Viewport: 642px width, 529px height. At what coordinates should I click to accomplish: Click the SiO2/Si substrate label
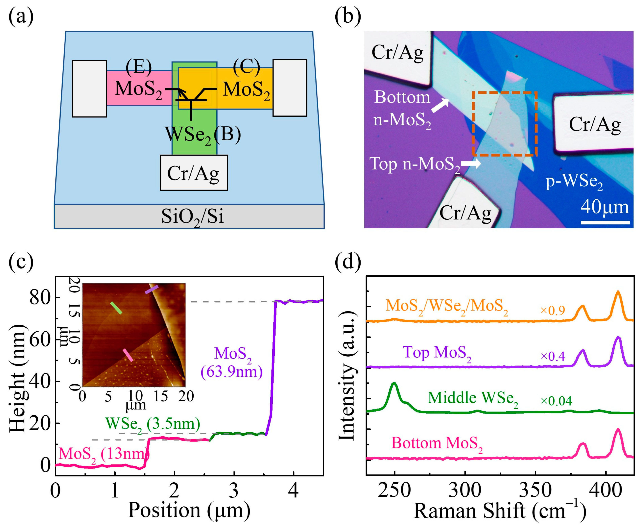[x=192, y=217]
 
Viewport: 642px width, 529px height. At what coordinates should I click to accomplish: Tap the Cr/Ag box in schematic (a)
[x=194, y=173]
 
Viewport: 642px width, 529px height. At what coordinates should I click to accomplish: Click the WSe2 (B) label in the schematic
[x=202, y=134]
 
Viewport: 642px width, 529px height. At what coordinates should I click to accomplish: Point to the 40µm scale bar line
[x=605, y=222]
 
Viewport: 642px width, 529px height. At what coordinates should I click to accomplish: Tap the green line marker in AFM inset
[x=116, y=308]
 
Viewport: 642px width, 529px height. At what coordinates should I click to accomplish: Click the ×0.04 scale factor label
[x=556, y=401]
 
